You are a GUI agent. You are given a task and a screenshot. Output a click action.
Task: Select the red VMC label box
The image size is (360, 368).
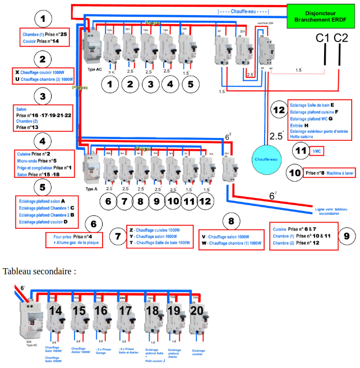pos(318,151)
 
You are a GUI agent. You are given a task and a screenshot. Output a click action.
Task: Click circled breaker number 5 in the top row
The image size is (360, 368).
pos(190,84)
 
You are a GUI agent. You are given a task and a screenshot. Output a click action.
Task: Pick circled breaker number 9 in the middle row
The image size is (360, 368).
pos(157,200)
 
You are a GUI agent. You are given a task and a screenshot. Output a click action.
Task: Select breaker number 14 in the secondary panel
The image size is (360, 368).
pos(56,311)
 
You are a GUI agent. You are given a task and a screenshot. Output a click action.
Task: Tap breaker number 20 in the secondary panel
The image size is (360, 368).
pos(196,311)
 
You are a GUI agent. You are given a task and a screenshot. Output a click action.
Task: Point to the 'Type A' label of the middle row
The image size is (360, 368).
pos(91,190)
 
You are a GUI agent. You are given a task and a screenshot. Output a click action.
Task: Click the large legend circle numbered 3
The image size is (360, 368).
pos(43,96)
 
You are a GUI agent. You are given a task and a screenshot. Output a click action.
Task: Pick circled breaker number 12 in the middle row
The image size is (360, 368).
pos(205,200)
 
